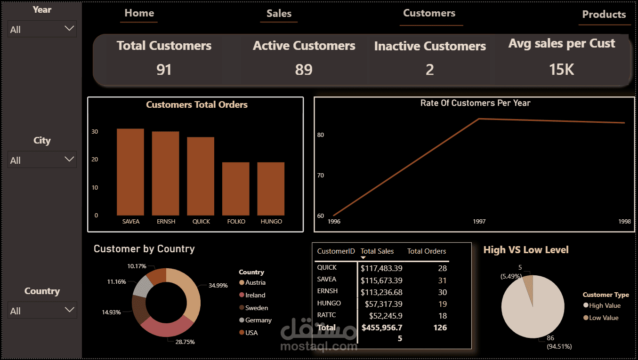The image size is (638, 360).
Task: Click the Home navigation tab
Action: pyautogui.click(x=139, y=13)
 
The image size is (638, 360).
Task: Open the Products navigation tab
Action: pyautogui.click(x=604, y=14)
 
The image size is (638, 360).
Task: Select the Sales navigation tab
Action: pyautogui.click(x=279, y=13)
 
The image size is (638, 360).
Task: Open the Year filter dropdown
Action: pyautogui.click(x=42, y=29)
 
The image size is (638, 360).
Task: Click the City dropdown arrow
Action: pyautogui.click(x=69, y=159)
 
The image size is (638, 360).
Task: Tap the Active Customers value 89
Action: pyautogui.click(x=304, y=70)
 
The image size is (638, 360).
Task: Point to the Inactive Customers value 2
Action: pyautogui.click(x=429, y=70)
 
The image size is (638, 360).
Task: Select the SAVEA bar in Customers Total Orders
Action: pyautogui.click(x=130, y=172)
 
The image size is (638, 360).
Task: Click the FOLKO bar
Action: pyautogui.click(x=236, y=189)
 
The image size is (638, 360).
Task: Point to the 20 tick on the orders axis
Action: pyautogui.click(x=95, y=160)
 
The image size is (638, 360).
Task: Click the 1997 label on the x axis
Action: pyautogui.click(x=479, y=221)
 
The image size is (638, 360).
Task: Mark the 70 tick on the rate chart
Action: pyautogui.click(x=321, y=176)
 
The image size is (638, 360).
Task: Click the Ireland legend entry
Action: pyautogui.click(x=252, y=295)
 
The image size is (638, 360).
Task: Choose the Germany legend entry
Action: pyautogui.click(x=256, y=320)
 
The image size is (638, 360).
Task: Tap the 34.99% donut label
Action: pyautogui.click(x=218, y=286)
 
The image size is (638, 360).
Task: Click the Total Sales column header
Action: pyautogui.click(x=377, y=251)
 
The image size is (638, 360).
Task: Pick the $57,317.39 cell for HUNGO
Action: pyautogui.click(x=384, y=304)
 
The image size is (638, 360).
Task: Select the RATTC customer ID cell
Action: pyautogui.click(x=326, y=315)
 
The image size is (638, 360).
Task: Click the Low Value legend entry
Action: pyautogui.click(x=601, y=318)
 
